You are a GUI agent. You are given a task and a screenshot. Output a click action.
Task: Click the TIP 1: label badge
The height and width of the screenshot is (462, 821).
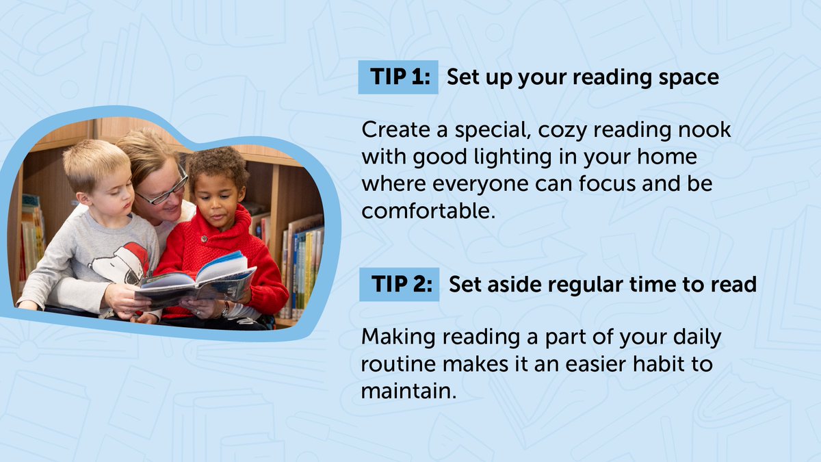[x=398, y=77]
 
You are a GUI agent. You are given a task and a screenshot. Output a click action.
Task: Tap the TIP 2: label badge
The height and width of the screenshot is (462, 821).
[x=399, y=284]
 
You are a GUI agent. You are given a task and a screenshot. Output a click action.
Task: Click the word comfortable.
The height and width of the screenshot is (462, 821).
[x=428, y=211]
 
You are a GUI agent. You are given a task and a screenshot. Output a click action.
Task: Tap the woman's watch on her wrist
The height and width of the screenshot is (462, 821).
[x=224, y=309]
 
